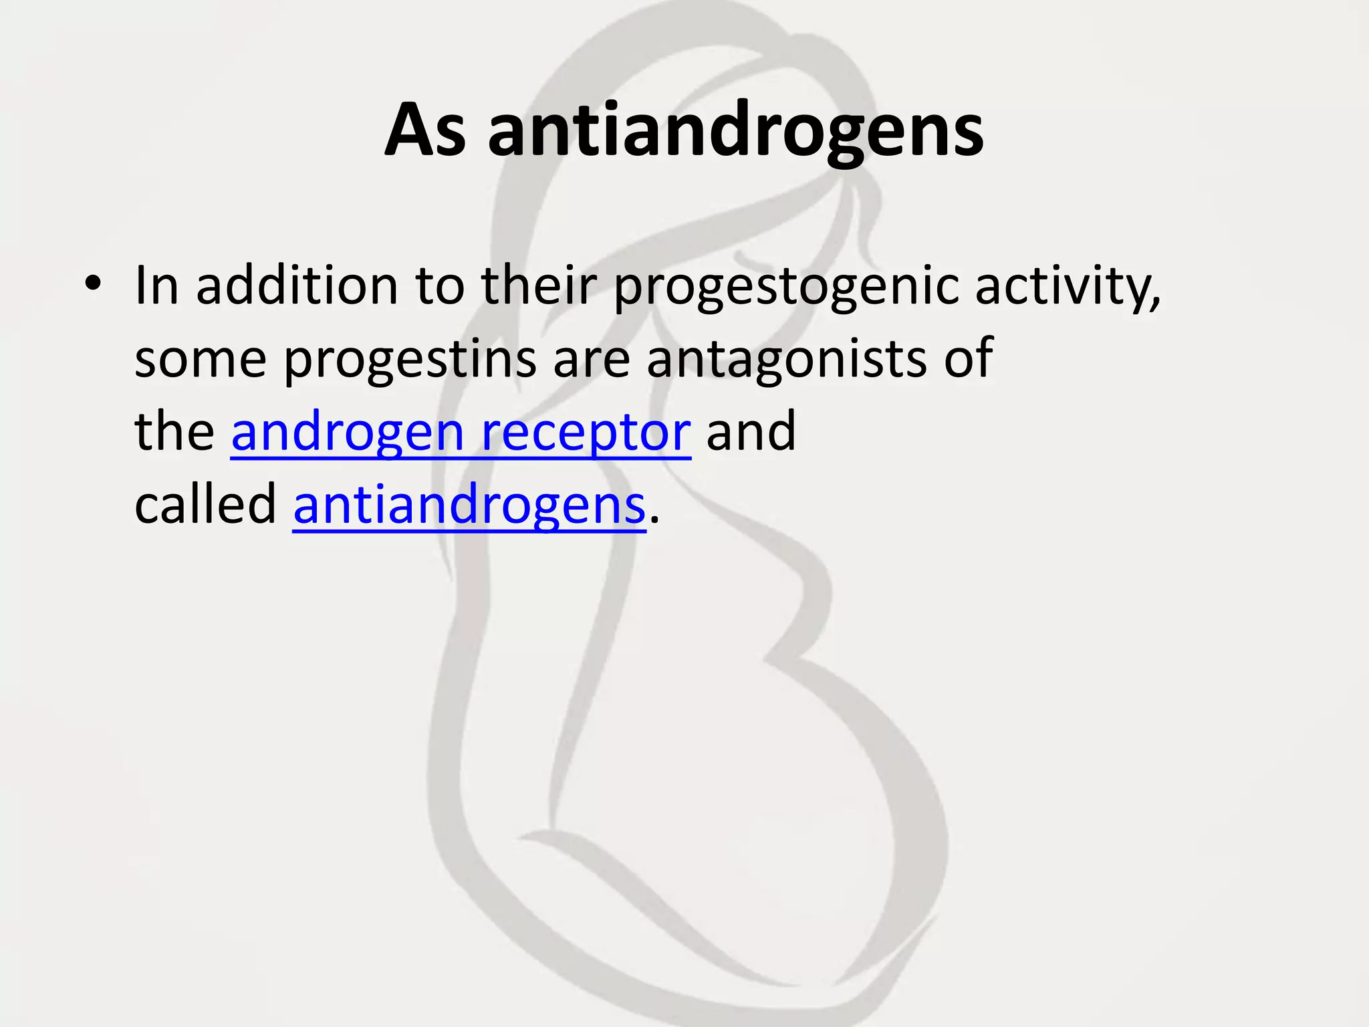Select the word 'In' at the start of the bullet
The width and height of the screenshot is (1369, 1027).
[x=156, y=286]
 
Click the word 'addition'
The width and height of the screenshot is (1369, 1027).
[x=297, y=286]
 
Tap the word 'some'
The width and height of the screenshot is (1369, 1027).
[x=201, y=358]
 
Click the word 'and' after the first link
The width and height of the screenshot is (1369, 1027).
[x=751, y=432]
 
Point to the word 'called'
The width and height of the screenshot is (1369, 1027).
[x=205, y=504]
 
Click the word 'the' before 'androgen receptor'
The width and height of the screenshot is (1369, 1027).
[x=174, y=432]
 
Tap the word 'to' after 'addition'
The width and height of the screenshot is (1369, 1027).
[x=439, y=286]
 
